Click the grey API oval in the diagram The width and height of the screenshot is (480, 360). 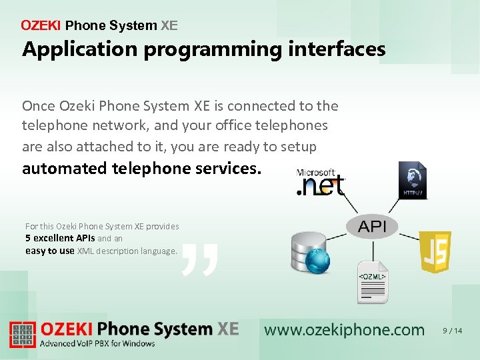(372, 227)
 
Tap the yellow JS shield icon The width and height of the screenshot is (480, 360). (435, 252)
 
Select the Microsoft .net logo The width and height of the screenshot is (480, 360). (321, 183)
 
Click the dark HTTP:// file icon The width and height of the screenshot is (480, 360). (412, 181)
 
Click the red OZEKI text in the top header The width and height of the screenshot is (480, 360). (41, 26)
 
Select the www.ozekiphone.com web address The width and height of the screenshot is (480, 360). (344, 330)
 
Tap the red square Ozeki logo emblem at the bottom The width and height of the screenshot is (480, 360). (22, 335)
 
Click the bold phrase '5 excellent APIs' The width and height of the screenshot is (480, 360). (60, 238)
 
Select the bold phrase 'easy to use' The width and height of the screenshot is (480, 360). (50, 251)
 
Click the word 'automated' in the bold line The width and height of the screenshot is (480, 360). (63, 169)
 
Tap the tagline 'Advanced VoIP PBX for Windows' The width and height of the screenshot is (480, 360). (97, 344)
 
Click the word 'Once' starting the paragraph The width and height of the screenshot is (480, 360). (38, 106)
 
